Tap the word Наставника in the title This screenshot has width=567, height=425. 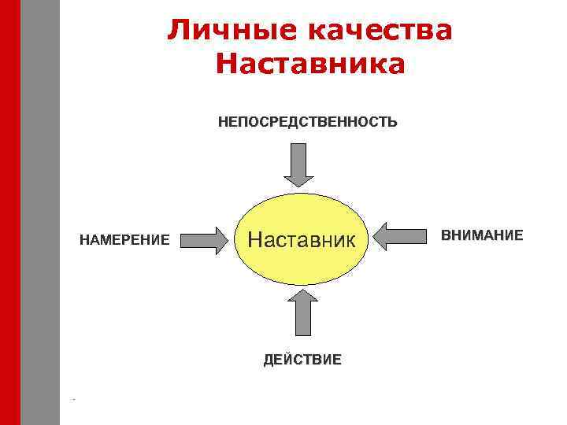tap(309, 64)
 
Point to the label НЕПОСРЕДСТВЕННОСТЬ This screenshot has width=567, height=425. tap(308, 122)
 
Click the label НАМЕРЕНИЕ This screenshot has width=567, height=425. tap(124, 239)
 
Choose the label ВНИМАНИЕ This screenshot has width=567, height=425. tap(482, 235)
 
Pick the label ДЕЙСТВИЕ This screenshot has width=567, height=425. tap(302, 360)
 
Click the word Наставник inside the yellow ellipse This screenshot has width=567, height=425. tap(302, 238)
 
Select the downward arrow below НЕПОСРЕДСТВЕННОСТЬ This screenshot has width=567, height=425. tap(298, 164)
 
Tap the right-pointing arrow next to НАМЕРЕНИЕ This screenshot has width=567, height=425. tap(202, 239)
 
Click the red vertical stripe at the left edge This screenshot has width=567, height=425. tap(9, 213)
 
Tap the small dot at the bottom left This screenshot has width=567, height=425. tap(73, 401)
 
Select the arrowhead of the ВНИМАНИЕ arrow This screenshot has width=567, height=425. tap(384, 236)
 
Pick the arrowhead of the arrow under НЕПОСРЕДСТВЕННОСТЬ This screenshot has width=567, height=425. tap(298, 179)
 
